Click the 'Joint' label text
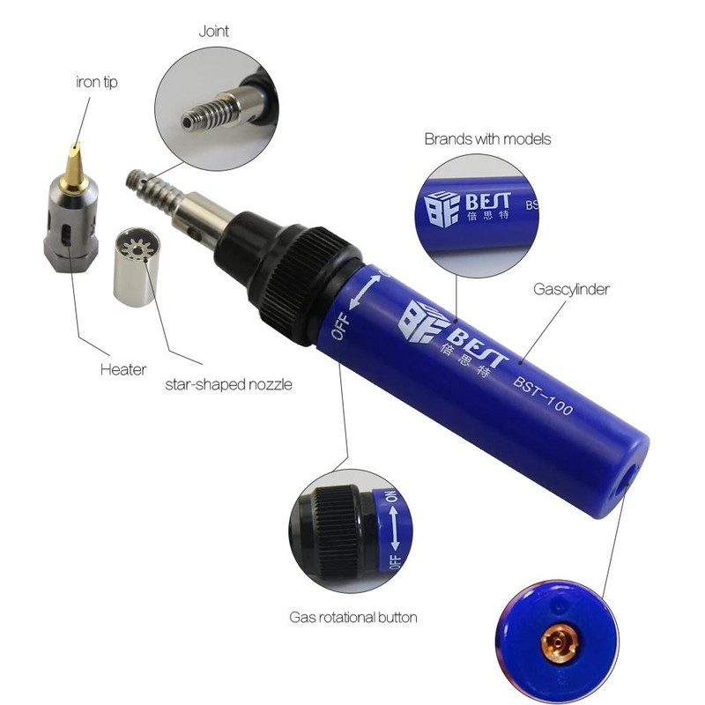point(213,32)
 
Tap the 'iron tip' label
point(97,82)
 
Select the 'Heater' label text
point(123,369)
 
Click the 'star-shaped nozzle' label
point(228,385)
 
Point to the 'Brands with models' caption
point(487,139)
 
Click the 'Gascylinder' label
point(571,289)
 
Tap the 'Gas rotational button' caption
point(353,618)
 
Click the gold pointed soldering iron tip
point(75,167)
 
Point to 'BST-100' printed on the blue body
point(543,396)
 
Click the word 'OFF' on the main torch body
point(340,326)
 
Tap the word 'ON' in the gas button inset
point(391,496)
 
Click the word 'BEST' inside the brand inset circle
point(488,201)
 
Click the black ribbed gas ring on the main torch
point(306,286)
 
